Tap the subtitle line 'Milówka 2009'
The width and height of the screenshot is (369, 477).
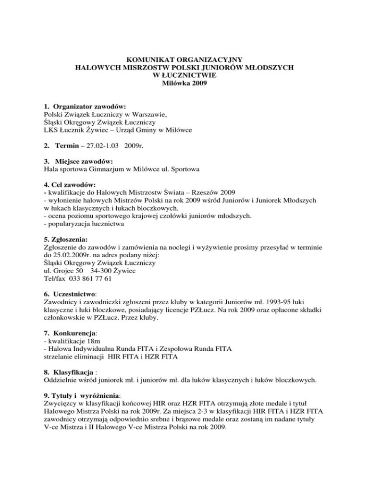(x=184, y=83)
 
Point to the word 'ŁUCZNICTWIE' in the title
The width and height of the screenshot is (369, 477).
(x=184, y=75)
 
